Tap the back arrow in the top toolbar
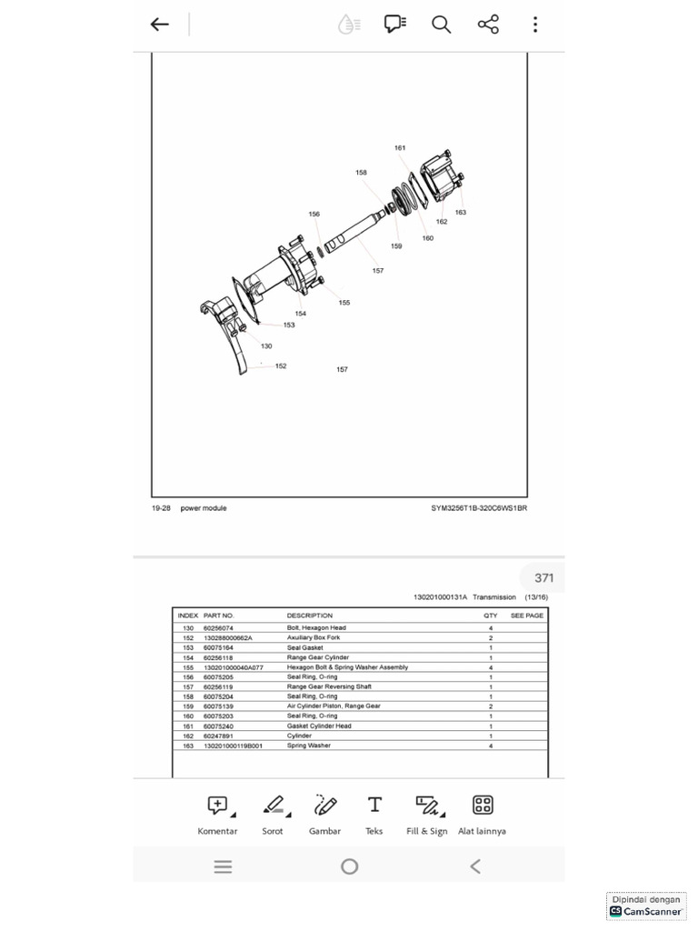pyautogui.click(x=160, y=25)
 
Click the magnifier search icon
pyautogui.click(x=442, y=25)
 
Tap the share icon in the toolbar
pyautogui.click(x=488, y=25)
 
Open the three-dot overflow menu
pyautogui.click(x=535, y=25)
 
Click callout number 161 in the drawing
pyautogui.click(x=400, y=147)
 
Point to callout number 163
pyautogui.click(x=461, y=213)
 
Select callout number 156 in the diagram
pyautogui.click(x=314, y=215)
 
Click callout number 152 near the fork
pyautogui.click(x=281, y=366)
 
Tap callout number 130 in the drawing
pyautogui.click(x=266, y=346)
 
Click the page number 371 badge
pyautogui.click(x=543, y=578)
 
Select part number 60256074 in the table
pyautogui.click(x=218, y=628)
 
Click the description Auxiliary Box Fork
pyautogui.click(x=314, y=638)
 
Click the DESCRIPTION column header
pyautogui.click(x=310, y=616)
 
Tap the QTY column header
pyautogui.click(x=491, y=616)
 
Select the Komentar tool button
pyautogui.click(x=217, y=815)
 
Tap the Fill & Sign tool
pyautogui.click(x=427, y=815)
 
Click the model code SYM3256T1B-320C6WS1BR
pyautogui.click(x=479, y=508)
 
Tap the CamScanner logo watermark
pyautogui.click(x=646, y=910)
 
